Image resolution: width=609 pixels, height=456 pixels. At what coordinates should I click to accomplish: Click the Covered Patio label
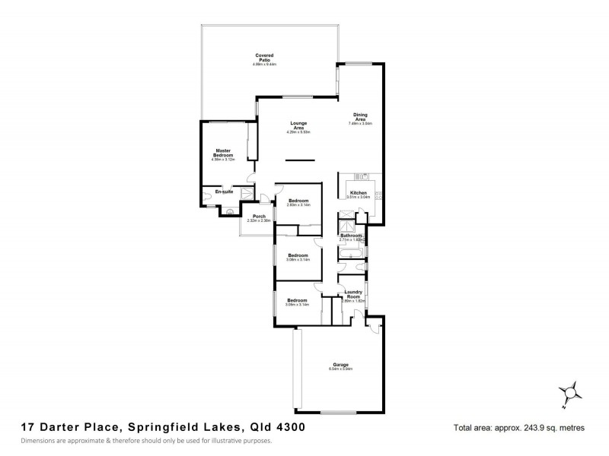click(x=264, y=55)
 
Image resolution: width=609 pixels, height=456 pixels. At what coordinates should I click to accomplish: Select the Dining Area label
click(x=361, y=117)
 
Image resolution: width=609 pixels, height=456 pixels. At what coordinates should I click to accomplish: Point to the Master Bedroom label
click(x=222, y=153)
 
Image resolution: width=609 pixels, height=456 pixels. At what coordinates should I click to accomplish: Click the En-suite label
click(x=224, y=192)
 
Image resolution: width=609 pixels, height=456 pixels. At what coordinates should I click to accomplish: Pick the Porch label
click(x=258, y=217)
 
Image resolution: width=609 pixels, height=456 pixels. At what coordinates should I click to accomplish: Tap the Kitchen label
click(x=359, y=193)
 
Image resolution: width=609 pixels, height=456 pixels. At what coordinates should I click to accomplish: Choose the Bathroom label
click(x=351, y=236)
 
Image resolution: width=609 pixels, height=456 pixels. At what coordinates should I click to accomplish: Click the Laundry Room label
click(x=353, y=294)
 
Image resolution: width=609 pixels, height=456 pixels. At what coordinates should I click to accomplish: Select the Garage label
click(x=340, y=365)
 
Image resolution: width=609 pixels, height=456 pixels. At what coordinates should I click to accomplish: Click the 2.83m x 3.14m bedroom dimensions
click(x=298, y=204)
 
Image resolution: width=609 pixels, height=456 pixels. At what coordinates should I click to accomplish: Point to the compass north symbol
click(x=569, y=392)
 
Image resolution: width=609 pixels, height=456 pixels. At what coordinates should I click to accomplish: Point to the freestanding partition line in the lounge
click(x=300, y=160)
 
